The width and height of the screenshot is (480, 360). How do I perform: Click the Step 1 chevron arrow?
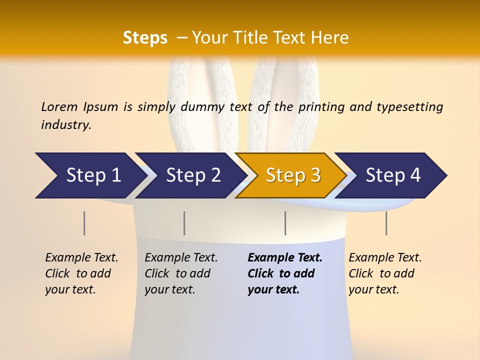coord(90,175)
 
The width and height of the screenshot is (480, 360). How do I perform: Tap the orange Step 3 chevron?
coord(292,175)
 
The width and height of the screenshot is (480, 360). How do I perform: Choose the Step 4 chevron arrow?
coord(392,175)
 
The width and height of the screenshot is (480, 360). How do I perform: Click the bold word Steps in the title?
coord(145,37)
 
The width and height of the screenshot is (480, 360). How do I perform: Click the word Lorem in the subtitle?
coord(59,106)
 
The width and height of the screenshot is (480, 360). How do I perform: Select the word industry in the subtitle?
coord(66,125)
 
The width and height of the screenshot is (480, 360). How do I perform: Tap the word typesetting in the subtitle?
coord(409,106)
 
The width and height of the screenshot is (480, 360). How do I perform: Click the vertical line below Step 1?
coord(84,223)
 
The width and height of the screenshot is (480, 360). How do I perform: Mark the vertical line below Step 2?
coord(184,223)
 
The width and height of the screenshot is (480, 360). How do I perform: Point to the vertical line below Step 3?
coord(285,223)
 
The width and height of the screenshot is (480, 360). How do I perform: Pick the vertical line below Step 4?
coord(386,223)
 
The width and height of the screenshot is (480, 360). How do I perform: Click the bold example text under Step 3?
coord(284,273)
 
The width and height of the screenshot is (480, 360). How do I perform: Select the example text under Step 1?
coord(81,273)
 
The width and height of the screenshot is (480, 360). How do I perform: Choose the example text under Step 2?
coord(180,273)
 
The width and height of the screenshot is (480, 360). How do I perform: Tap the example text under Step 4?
coord(384,273)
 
